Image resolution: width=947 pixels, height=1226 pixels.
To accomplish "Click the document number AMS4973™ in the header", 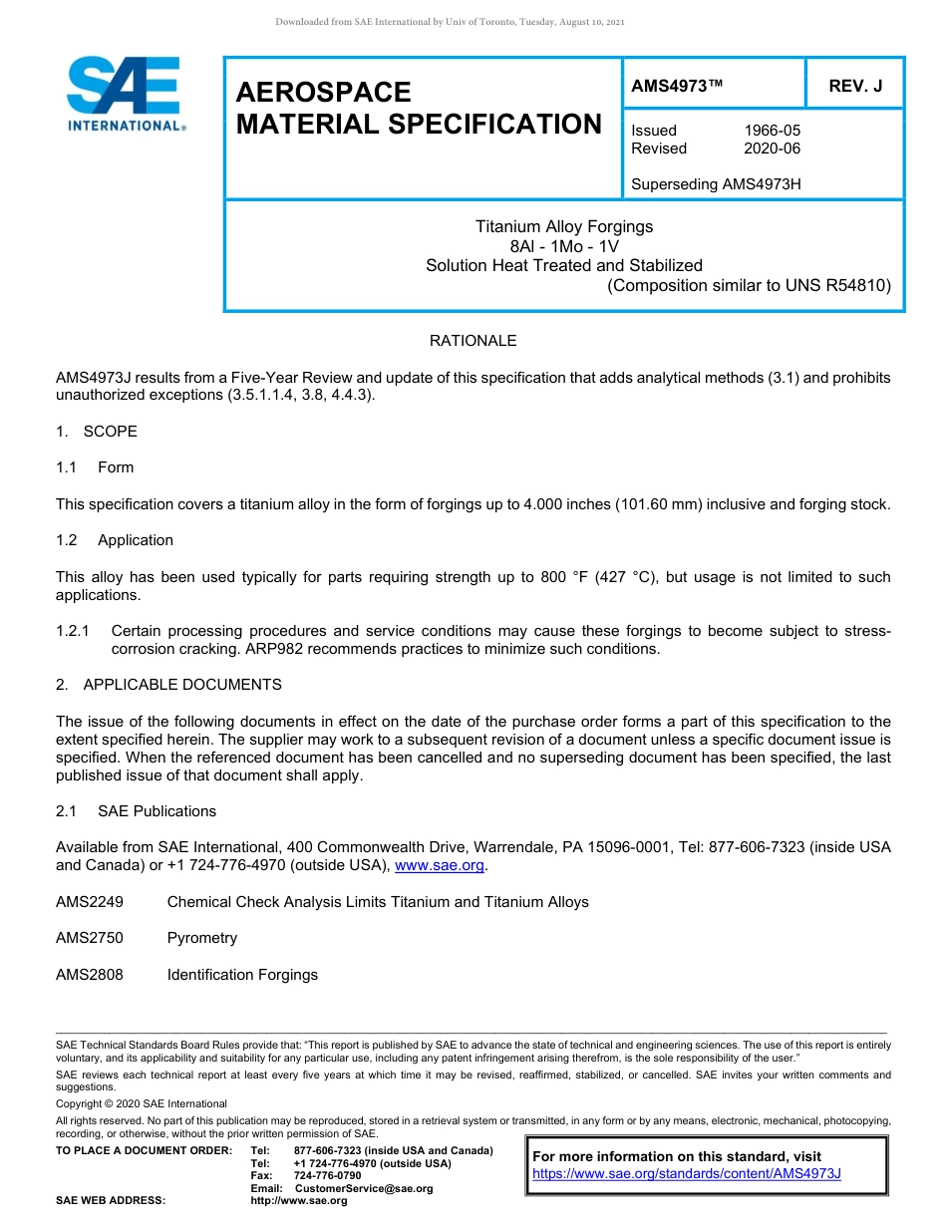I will pyautogui.click(x=677, y=86).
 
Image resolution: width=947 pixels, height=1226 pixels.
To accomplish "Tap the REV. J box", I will pyautogui.click(x=855, y=86).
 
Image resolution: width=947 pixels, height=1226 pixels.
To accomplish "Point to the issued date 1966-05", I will pyautogui.click(x=772, y=131).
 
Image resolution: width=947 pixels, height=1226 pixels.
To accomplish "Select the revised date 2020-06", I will pyautogui.click(x=772, y=149).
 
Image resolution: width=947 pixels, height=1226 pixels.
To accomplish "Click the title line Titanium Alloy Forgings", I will pyautogui.click(x=564, y=226).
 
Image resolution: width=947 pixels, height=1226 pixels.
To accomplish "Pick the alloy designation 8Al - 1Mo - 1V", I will pyautogui.click(x=564, y=246).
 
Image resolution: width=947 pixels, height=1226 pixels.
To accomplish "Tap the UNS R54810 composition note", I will pyautogui.click(x=749, y=286).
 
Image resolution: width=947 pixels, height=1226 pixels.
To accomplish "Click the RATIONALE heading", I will pyautogui.click(x=473, y=341).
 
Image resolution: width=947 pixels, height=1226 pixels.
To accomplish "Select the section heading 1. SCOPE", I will pyautogui.click(x=97, y=432).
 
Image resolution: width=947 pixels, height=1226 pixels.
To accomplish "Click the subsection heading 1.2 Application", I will pyautogui.click(x=115, y=540).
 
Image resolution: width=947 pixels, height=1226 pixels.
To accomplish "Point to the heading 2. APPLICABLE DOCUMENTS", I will pyautogui.click(x=168, y=685).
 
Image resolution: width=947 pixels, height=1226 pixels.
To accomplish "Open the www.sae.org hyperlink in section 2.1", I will pyautogui.click(x=439, y=865).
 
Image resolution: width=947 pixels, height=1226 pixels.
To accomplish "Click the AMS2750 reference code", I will pyautogui.click(x=90, y=938).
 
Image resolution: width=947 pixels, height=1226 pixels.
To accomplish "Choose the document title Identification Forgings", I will pyautogui.click(x=242, y=975).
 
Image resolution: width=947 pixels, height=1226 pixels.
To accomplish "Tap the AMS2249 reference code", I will pyautogui.click(x=90, y=902).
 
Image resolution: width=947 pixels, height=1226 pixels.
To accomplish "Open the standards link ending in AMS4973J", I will pyautogui.click(x=687, y=1173).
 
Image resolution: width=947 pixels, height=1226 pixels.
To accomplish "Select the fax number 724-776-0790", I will pyautogui.click(x=327, y=1176).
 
